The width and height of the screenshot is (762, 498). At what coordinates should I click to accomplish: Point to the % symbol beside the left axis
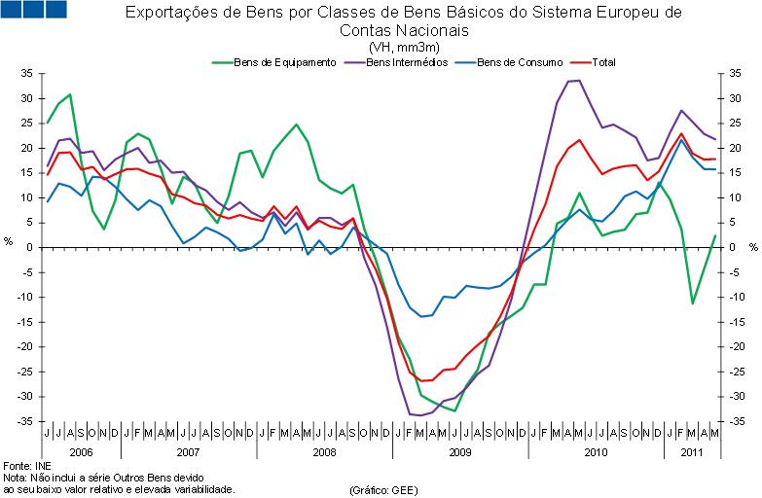(x=9, y=241)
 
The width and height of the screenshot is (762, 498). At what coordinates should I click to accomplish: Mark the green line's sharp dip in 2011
(x=693, y=303)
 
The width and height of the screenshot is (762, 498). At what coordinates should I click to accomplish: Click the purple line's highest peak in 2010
(x=580, y=80)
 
